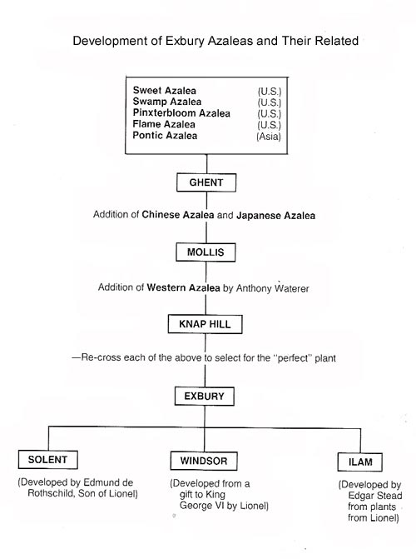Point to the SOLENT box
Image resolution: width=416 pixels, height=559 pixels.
(48, 459)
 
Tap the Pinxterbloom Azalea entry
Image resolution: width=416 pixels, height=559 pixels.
(181, 112)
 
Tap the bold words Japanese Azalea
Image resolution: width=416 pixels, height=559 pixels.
(275, 216)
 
